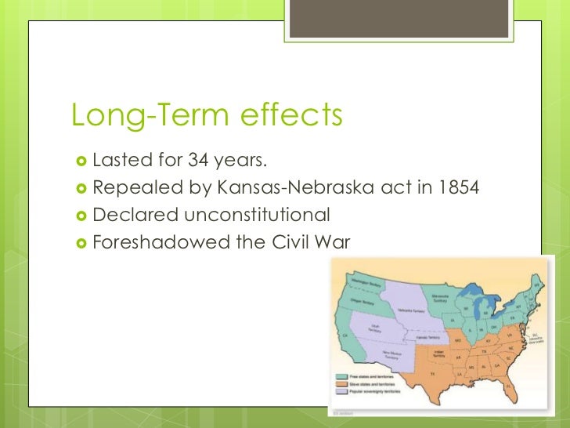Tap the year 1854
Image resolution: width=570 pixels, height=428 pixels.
click(x=454, y=188)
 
